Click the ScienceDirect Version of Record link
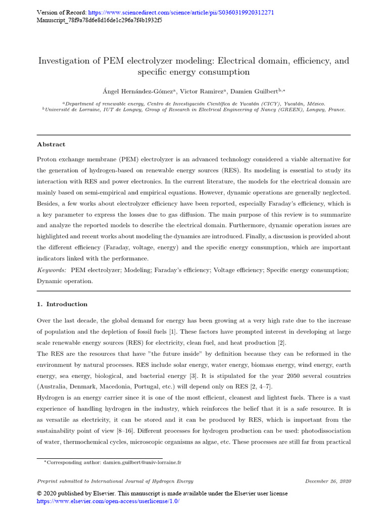click(181, 13)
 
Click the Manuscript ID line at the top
click(100, 21)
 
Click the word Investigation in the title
click(66, 61)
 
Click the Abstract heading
click(51, 144)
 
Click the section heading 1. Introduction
click(62, 304)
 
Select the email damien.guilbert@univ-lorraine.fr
click(142, 462)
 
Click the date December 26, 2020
click(328, 481)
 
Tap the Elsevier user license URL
click(109, 501)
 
